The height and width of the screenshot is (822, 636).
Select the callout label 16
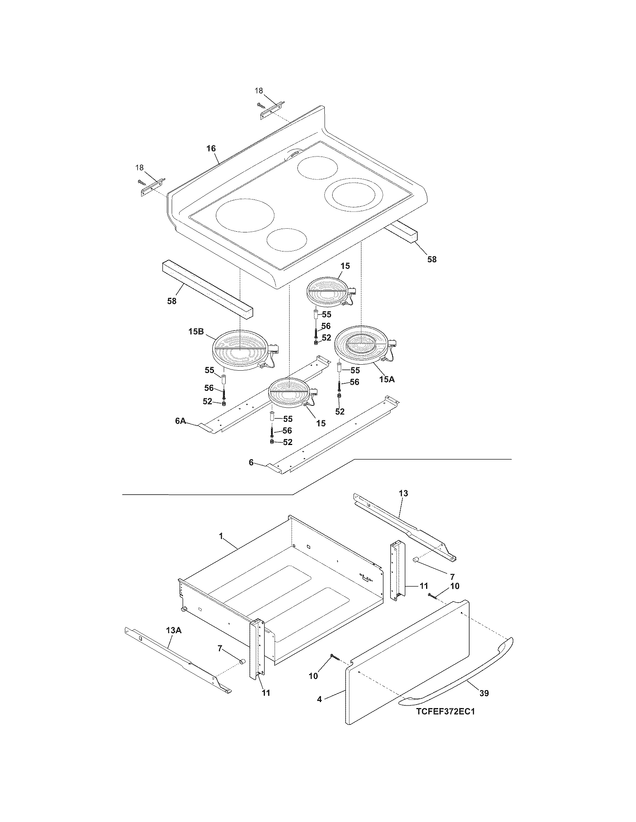coord(211,148)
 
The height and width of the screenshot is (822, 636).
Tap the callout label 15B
coord(196,332)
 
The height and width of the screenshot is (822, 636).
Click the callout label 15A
coord(387,380)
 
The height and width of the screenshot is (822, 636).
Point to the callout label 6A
coord(181,421)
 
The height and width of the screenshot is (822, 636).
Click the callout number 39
coord(484,693)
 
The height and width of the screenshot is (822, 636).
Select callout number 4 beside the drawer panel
coord(319,699)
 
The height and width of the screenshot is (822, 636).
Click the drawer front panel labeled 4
coord(407,666)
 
